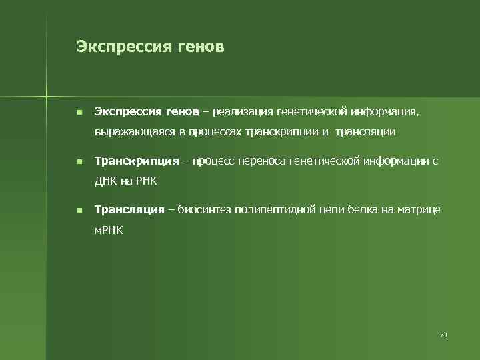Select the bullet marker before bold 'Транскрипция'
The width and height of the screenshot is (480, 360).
[x=79, y=161]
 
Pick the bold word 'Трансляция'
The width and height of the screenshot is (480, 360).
[x=129, y=210]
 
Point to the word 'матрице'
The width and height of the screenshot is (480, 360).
[x=419, y=210]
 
